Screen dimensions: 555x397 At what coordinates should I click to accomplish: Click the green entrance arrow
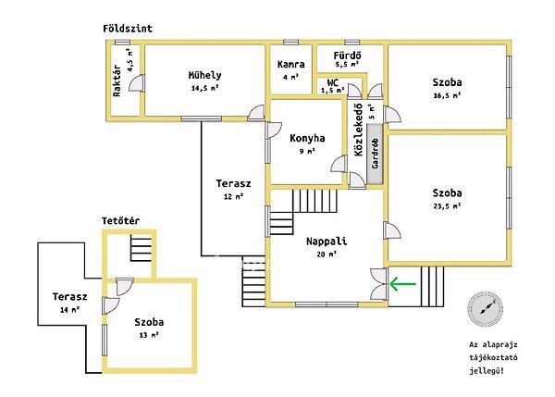(402, 284)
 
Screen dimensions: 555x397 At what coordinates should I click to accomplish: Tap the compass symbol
(485, 308)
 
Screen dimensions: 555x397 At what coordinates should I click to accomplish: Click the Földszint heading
(128, 29)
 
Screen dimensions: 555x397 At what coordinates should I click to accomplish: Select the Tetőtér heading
(120, 221)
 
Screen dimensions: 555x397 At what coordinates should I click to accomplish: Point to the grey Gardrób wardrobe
(375, 154)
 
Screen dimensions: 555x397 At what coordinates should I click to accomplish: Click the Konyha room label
(307, 138)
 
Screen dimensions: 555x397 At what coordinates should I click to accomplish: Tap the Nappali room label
(327, 242)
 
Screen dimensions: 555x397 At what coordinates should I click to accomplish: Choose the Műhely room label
(205, 75)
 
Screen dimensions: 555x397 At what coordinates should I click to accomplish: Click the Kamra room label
(291, 65)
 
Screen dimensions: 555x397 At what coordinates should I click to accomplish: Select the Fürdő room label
(347, 56)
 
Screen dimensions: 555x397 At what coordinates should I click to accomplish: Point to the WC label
(333, 83)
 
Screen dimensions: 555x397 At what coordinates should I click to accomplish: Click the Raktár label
(117, 81)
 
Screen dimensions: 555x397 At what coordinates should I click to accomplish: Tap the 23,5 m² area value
(447, 205)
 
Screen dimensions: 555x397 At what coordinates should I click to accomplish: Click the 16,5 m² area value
(447, 95)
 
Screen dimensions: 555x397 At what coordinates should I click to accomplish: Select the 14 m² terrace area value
(69, 309)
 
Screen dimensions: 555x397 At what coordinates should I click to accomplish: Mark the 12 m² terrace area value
(234, 196)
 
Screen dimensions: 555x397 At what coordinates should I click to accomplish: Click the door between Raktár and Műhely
(137, 83)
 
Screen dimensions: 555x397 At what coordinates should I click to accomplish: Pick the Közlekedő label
(359, 130)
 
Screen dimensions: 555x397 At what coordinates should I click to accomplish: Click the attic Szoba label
(149, 322)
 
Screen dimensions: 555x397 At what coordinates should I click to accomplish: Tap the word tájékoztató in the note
(493, 358)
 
